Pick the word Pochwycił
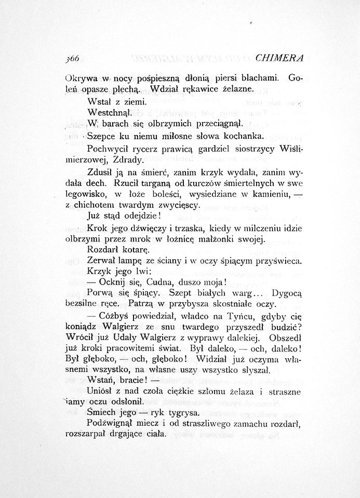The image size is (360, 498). [x=109, y=149]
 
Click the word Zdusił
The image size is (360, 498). [x=102, y=173]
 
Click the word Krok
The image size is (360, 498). [x=97, y=228]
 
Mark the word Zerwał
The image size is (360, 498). [x=102, y=262]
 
